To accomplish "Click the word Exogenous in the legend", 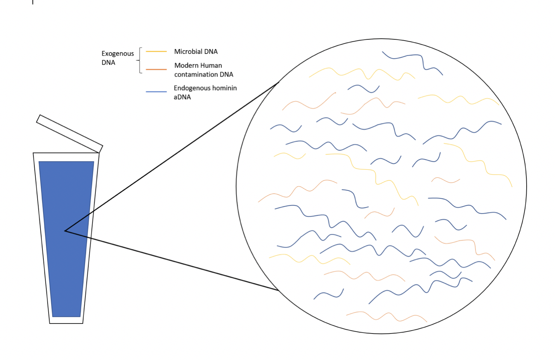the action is click(118, 54).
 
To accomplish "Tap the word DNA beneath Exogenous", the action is click(108, 62).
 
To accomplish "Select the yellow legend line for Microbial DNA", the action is click(156, 52).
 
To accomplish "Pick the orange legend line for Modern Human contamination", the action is click(156, 69).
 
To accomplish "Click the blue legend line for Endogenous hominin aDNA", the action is click(156, 92).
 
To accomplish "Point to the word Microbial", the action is click(187, 52).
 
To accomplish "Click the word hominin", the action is click(222, 88).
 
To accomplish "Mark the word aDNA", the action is click(182, 97).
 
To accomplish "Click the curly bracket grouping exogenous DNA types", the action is click(140, 60).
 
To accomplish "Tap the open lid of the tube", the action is click(70, 134).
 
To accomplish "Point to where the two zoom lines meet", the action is click(65, 231).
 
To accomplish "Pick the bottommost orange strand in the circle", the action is click(387, 316).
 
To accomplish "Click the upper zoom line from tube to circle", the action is click(172, 157).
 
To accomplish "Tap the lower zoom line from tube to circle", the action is click(172, 260).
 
